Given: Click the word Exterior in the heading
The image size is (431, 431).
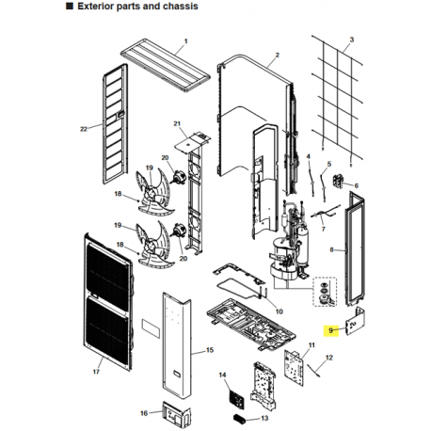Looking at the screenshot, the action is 94,7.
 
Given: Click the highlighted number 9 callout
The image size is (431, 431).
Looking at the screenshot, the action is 330,330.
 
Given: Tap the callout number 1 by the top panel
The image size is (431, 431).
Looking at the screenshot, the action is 185,41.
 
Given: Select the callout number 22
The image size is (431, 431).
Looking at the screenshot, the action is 84,129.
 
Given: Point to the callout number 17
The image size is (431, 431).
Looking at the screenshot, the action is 96,372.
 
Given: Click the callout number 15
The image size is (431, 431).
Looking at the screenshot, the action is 210,350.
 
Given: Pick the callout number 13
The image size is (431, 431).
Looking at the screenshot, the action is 264,418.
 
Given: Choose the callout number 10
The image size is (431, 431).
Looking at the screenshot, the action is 279,311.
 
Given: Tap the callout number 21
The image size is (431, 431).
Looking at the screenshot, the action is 177,124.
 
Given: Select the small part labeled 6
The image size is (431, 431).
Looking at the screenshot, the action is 337,181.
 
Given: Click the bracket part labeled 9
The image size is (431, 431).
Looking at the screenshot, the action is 356,322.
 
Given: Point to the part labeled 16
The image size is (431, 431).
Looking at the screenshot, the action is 176,412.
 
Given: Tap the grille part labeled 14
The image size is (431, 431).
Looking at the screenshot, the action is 236,399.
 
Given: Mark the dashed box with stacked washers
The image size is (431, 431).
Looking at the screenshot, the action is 326,293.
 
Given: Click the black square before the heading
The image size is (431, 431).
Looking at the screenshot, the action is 70,7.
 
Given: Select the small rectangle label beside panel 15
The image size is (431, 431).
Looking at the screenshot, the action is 152,327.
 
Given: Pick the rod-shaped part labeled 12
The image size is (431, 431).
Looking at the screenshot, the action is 313,369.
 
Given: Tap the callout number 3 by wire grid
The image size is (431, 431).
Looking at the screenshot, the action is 352,40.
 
